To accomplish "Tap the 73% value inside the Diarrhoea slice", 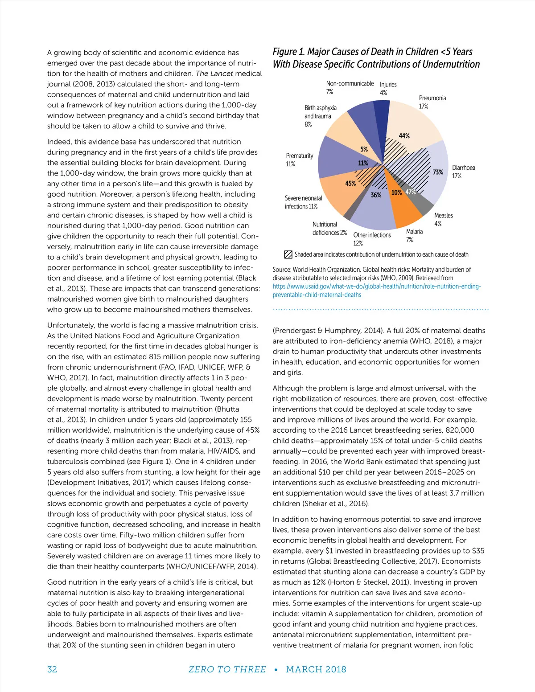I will pyautogui.click(x=438, y=172).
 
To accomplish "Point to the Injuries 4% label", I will pyautogui.click(x=388, y=88).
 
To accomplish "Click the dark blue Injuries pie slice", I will pyautogui.click(x=381, y=116).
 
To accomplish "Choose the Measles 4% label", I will pyautogui.click(x=443, y=219).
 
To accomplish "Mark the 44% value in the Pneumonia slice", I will pyautogui.click(x=404, y=136).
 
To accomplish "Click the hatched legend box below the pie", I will pyautogui.click(x=288, y=255).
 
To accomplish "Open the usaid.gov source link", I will pyautogui.click(x=377, y=291).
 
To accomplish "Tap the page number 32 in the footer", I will pyautogui.click(x=52, y=669).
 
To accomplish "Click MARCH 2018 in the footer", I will pyautogui.click(x=316, y=669).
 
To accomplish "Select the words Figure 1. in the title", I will pyautogui.click(x=288, y=52).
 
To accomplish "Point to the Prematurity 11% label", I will pyautogui.click(x=299, y=160).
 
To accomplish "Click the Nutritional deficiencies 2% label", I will pyautogui.click(x=329, y=229).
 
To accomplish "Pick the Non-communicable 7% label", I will pyautogui.click(x=350, y=87).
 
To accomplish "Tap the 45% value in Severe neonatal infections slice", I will pyautogui.click(x=350, y=183).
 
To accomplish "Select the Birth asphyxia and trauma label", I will pyautogui.click(x=320, y=116).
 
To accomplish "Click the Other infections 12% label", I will pyautogui.click(x=372, y=239).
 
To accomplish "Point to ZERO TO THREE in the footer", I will pyautogui.click(x=227, y=669).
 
